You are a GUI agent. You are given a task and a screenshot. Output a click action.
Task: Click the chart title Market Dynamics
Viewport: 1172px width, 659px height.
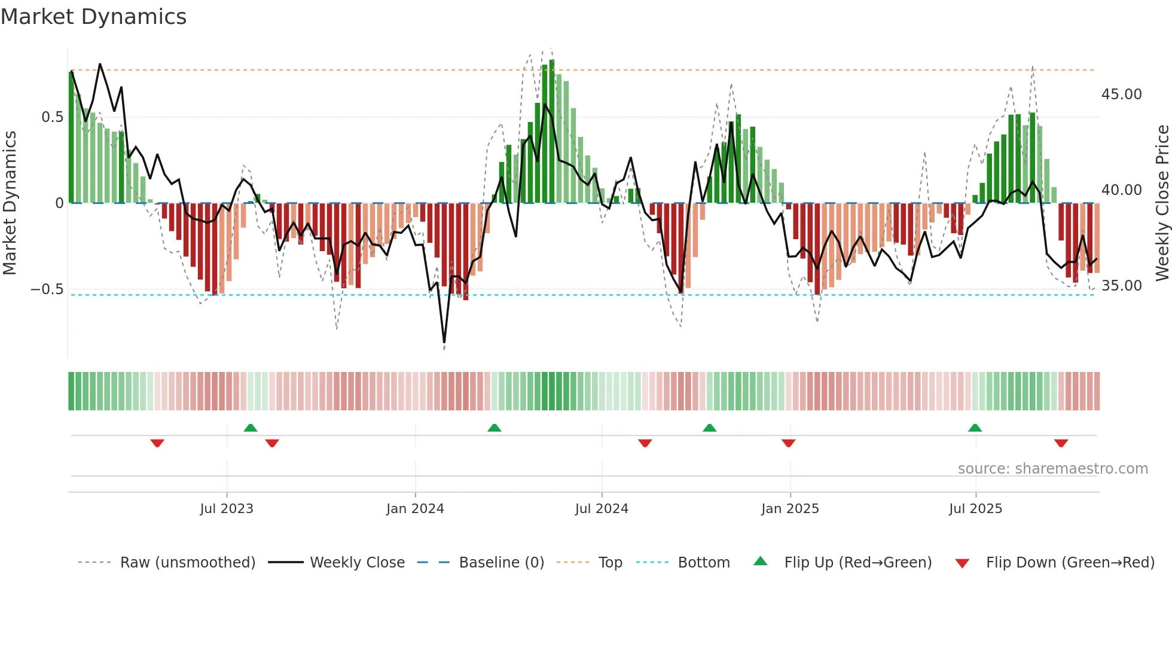tap(93, 17)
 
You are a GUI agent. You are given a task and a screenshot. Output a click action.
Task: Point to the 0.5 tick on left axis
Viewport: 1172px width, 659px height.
tap(53, 117)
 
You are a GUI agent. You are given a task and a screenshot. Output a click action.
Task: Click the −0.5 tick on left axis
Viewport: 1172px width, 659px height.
tap(47, 289)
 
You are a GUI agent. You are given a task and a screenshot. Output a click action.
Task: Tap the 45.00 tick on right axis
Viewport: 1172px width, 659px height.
tap(1121, 94)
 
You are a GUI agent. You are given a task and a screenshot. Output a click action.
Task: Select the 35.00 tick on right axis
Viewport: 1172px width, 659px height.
tap(1121, 286)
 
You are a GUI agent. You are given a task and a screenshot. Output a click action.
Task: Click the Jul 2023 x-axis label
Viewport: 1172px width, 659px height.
tap(227, 509)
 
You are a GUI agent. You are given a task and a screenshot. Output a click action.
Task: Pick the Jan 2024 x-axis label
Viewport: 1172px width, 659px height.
tap(415, 509)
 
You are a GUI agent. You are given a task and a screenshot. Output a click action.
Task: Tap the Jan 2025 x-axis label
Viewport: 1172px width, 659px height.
tap(790, 509)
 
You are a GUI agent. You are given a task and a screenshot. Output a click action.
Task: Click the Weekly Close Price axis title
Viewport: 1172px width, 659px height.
tap(1162, 203)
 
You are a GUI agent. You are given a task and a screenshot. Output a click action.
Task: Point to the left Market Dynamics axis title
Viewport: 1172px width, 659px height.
tap(10, 203)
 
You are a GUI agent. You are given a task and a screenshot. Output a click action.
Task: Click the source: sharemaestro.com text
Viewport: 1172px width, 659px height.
tap(1052, 469)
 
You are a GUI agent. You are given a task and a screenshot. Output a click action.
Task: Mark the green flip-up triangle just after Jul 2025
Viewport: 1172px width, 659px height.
tap(975, 428)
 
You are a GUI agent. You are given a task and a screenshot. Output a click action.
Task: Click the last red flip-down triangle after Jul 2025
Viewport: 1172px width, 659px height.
tap(1061, 443)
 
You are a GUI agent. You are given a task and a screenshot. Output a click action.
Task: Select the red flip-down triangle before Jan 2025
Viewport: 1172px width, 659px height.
tap(788, 443)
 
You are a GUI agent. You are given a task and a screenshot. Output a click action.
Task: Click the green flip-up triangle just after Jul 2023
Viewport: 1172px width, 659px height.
tap(251, 428)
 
